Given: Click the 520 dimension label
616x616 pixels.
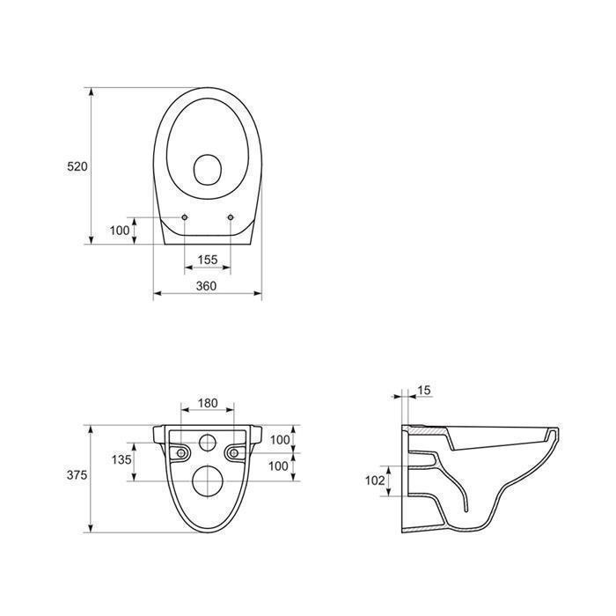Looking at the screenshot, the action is coord(77,166).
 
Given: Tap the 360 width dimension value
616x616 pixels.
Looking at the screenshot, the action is coord(206,286).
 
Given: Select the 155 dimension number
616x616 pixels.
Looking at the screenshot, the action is coord(208,260).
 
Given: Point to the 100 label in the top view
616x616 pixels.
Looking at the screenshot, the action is coord(120,231).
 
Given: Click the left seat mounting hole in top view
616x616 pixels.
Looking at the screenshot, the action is coord(185,217).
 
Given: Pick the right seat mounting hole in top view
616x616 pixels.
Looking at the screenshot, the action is coord(231,217).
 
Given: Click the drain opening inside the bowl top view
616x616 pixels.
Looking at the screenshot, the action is coord(208,170).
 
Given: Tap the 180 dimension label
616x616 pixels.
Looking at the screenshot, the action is coord(208,403).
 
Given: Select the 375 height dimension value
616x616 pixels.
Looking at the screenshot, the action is coord(77,475).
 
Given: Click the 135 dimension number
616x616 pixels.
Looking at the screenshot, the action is coord(121,459).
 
